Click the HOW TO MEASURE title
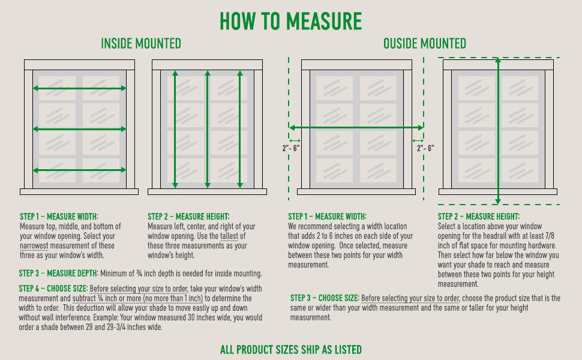click(x=290, y=21)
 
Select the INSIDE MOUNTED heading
click(x=141, y=43)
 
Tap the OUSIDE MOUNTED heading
click(x=425, y=43)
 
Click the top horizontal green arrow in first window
click(x=79, y=88)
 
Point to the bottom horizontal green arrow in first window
click(x=79, y=170)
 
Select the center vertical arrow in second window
click(x=208, y=129)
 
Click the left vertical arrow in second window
click(x=175, y=129)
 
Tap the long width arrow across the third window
click(x=356, y=128)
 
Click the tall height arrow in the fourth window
click(x=498, y=131)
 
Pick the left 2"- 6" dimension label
click(x=291, y=148)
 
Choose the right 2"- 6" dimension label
click(x=425, y=148)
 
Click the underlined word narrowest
click(x=34, y=245)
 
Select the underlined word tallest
click(x=229, y=236)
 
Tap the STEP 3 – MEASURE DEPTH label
click(x=59, y=274)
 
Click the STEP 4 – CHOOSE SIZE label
click(x=53, y=289)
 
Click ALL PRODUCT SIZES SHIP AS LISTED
click(x=291, y=350)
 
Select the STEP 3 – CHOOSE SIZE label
click(x=325, y=298)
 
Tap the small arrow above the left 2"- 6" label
click(x=295, y=140)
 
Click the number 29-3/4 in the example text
click(x=115, y=328)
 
